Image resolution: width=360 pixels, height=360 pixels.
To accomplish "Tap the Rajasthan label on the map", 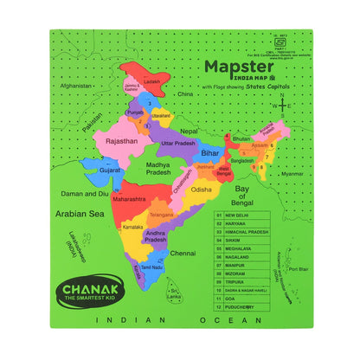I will pos(122,139).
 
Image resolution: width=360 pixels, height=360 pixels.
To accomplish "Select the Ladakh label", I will pos(152,80).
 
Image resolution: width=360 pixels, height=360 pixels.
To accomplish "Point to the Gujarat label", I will pos(109,170).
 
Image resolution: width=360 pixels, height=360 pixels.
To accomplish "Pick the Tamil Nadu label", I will pos(152,268).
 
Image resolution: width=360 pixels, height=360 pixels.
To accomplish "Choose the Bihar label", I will pos(210,151).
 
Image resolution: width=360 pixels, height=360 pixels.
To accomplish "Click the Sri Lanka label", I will pos(176,293).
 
